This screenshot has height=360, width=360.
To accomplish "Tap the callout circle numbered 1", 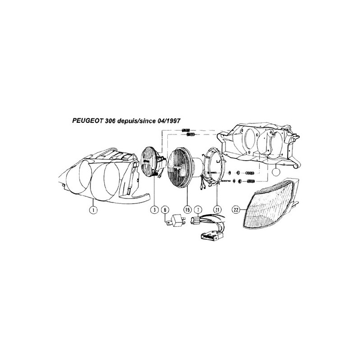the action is coord(93,210).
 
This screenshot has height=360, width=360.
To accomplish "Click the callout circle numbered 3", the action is coord(154,210).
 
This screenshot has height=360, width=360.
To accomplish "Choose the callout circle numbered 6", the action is coord(165,210).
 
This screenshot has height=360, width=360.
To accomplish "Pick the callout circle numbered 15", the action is coord(188,210).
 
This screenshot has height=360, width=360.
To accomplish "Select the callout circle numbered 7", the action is coord(198,210).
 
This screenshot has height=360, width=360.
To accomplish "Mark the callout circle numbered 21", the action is coord(217,210).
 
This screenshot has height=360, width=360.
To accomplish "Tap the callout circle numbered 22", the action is coord(236,210).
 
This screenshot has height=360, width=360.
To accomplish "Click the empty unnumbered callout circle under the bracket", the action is coord(276,172).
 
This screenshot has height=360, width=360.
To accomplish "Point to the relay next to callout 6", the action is coord(177,220).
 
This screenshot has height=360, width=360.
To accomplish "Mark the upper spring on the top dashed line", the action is coord(186,130).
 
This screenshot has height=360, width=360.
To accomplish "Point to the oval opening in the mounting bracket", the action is coord(249,139).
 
